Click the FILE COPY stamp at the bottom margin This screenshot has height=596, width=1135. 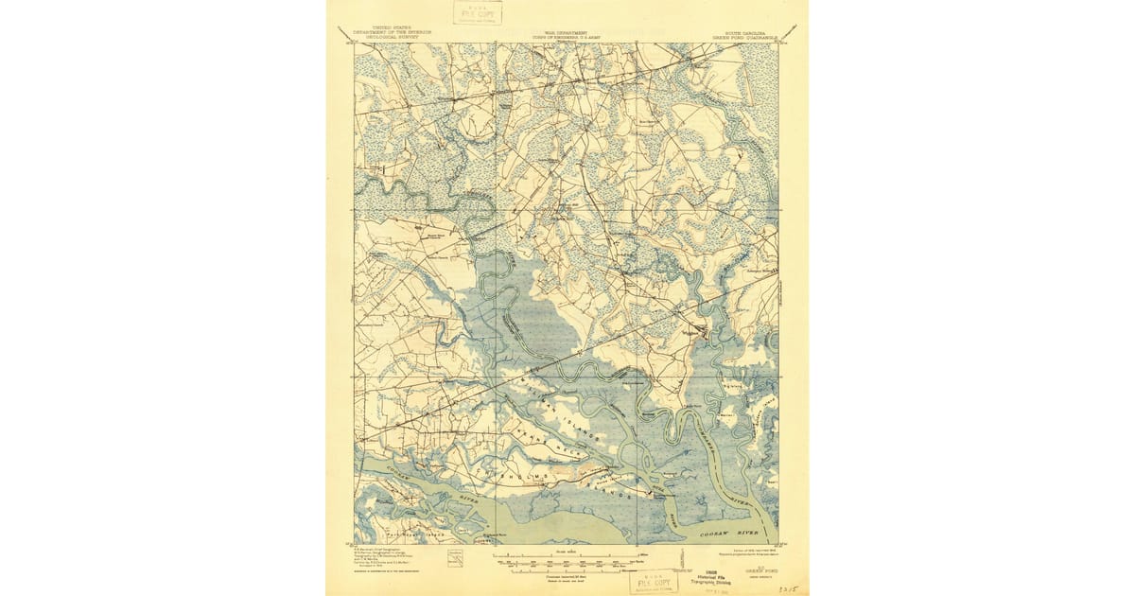653,581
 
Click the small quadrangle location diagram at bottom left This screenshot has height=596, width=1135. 457,562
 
